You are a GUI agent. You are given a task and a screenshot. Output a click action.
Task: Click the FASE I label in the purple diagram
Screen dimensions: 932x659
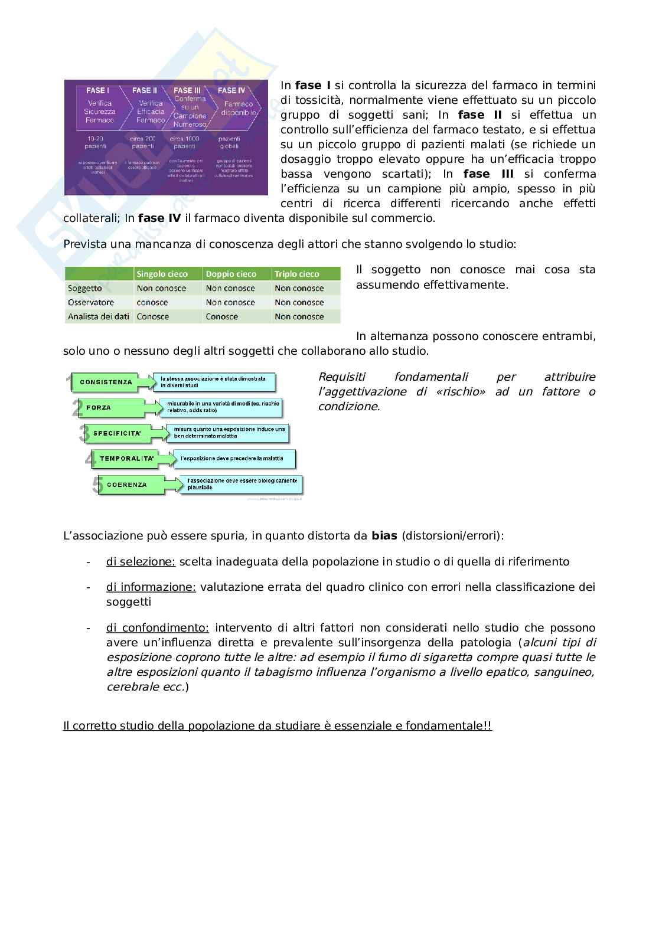tap(97, 90)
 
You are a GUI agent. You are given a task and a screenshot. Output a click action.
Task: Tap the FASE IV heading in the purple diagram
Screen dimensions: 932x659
tap(231, 90)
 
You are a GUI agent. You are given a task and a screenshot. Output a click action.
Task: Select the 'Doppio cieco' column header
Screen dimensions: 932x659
tap(231, 274)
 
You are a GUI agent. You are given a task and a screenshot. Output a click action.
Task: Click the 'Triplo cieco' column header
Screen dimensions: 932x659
tap(297, 274)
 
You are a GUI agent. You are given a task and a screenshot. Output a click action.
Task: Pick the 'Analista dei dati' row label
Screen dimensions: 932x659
tap(99, 316)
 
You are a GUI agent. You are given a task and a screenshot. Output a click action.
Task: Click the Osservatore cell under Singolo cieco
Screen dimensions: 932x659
tap(152, 302)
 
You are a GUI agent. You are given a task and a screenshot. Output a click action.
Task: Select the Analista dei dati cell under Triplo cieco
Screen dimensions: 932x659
tap(299, 316)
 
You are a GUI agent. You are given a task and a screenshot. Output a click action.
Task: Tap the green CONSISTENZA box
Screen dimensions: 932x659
tap(106, 382)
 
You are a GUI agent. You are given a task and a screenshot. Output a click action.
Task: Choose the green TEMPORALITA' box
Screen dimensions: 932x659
tap(126, 459)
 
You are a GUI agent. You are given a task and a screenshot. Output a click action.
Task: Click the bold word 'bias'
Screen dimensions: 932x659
tap(384, 536)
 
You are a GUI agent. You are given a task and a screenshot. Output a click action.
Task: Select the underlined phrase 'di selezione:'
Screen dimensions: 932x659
tap(141, 561)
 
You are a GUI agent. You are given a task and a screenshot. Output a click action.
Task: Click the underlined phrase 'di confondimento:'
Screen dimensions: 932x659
tap(157, 627)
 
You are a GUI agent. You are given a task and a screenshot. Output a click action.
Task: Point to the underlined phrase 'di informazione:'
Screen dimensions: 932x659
tap(151, 587)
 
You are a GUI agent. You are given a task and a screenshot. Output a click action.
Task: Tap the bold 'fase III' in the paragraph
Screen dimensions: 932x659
tap(488, 174)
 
